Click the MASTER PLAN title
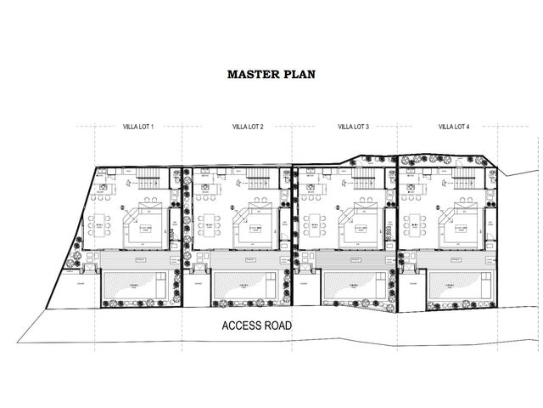tap(271, 74)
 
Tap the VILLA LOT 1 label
tap(138, 127)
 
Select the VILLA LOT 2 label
tap(248, 127)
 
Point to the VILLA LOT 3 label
tap(353, 127)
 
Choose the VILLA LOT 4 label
tap(454, 127)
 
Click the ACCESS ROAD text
tap(256, 326)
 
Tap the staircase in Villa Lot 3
tap(362, 180)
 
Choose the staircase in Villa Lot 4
tap(462, 180)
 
